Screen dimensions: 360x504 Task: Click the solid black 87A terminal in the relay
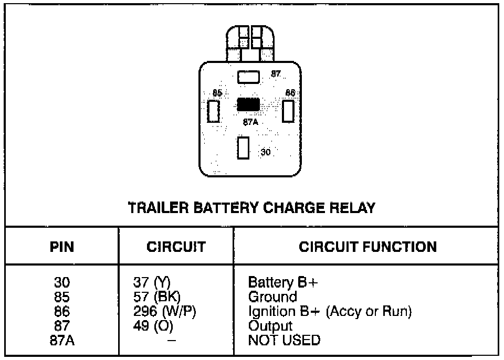click(248, 104)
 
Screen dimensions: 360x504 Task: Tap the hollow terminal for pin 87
click(248, 78)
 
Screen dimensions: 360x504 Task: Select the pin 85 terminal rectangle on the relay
click(213, 111)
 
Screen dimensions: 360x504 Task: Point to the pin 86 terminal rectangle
click(288, 111)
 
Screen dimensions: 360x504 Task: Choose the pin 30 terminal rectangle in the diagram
click(243, 148)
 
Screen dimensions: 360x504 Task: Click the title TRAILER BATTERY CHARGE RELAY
click(252, 208)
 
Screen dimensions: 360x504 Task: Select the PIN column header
click(62, 247)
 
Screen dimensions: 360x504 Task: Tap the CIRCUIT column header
click(176, 247)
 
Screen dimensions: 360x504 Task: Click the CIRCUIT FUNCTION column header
click(367, 247)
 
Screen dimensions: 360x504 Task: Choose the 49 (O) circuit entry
click(153, 325)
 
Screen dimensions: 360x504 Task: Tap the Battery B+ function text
click(283, 283)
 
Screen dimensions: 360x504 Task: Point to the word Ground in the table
click(272, 297)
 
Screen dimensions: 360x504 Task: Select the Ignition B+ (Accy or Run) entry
click(330, 311)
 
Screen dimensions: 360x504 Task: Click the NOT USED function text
click(283, 340)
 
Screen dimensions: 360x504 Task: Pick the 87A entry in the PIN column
click(62, 340)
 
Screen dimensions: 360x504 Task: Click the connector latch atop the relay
click(250, 41)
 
